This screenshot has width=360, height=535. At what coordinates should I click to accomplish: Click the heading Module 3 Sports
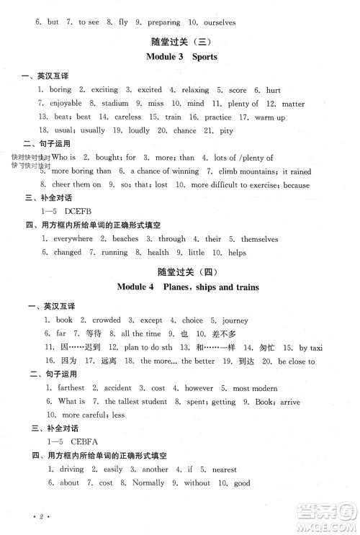(x=181, y=56)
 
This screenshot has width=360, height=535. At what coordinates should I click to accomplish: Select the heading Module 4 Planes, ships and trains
(x=189, y=287)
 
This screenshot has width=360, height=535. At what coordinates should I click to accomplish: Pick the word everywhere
(x=73, y=239)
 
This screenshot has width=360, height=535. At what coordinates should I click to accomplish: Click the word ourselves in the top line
(x=215, y=22)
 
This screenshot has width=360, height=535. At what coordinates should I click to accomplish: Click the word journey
(x=235, y=320)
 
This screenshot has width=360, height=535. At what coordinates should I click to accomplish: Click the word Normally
(x=149, y=483)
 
